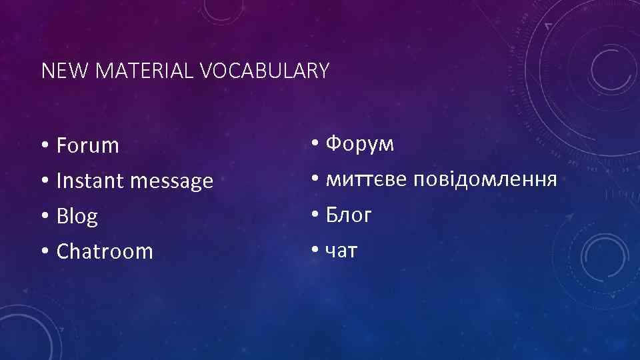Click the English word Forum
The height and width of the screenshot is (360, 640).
pos(88,145)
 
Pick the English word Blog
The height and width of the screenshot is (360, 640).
pos(77,217)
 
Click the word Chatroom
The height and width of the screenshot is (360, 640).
pos(105,251)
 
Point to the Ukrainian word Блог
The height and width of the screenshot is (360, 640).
pos(349,215)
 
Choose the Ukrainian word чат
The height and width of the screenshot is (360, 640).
pos(342,251)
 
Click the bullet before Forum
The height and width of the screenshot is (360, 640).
pos(44,146)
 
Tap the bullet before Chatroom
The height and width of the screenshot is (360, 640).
pos(44,252)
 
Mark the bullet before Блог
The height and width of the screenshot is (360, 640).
pos(314,215)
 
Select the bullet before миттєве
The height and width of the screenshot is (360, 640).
pos(314,180)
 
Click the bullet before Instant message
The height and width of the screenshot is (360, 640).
pos(44,181)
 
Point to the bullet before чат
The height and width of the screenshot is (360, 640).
pos(314,251)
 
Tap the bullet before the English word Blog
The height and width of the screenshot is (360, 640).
pos(44,217)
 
